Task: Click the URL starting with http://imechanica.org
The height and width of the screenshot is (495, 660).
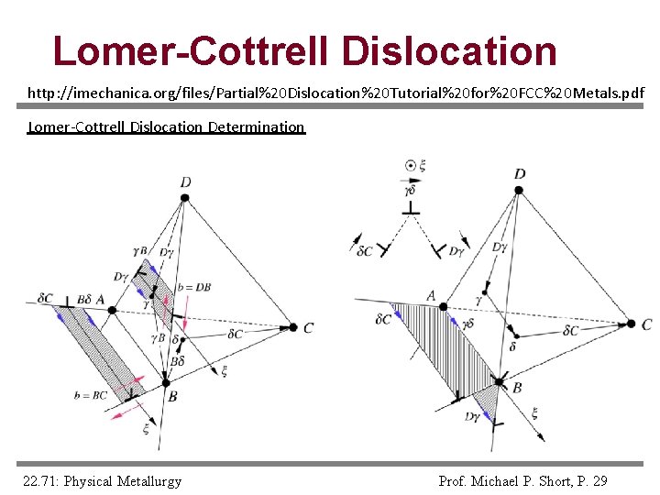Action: pyautogui.click(x=335, y=93)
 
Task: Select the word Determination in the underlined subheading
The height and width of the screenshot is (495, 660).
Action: pyautogui.click(x=256, y=126)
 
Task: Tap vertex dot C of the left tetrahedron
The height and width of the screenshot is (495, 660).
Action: pyautogui.click(x=293, y=326)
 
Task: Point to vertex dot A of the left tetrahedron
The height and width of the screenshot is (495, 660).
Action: pyautogui.click(x=113, y=310)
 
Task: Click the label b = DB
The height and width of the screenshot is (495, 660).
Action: pyautogui.click(x=196, y=287)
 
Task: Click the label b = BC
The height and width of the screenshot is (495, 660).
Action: pyautogui.click(x=91, y=395)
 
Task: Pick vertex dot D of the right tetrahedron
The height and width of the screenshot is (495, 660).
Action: pyautogui.click(x=519, y=191)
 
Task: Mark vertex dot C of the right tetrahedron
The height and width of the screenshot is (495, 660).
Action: pyautogui.click(x=631, y=324)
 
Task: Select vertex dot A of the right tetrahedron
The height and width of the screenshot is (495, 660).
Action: pyautogui.click(x=443, y=307)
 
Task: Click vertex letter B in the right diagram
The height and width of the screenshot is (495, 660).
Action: pyautogui.click(x=517, y=388)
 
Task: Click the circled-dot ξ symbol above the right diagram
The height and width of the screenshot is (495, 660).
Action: pyautogui.click(x=411, y=166)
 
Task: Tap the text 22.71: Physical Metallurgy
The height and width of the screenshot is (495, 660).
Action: pyautogui.click(x=103, y=481)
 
